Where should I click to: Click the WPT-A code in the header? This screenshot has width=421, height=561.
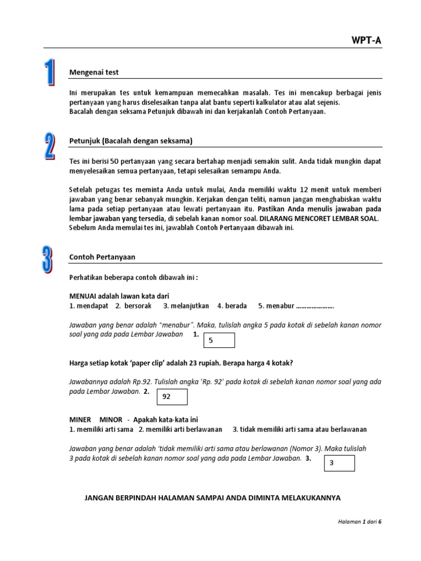point(366,39)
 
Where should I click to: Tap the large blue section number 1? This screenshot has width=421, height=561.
point(50,73)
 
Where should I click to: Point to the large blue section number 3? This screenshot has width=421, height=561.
point(49,259)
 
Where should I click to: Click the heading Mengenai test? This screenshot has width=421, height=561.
point(94,72)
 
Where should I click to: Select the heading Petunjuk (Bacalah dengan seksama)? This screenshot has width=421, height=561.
point(130,141)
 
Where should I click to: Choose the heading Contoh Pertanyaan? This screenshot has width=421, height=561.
point(102,256)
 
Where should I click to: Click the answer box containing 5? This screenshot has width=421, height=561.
point(219,340)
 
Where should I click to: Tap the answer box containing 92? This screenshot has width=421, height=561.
point(172,397)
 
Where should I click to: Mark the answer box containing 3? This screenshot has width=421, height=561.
point(339,463)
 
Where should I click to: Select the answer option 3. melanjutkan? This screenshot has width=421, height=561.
point(186,306)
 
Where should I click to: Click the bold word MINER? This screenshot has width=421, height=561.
point(81,420)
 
